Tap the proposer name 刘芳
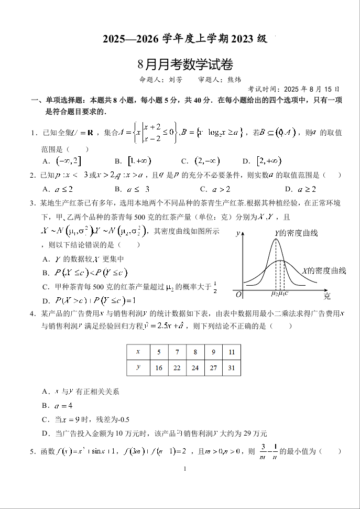tap(176, 80)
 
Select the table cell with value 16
tap(159, 368)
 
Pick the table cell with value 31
tap(231, 368)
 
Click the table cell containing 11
tap(231, 352)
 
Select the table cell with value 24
tap(195, 368)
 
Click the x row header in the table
tap(138, 352)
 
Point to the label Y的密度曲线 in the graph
tap(296, 233)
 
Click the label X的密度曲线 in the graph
tap(324, 270)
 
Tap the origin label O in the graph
tap(238, 294)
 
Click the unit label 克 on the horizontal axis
tap(327, 296)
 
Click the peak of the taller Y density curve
tap(276, 240)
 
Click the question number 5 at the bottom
tap(32, 451)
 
